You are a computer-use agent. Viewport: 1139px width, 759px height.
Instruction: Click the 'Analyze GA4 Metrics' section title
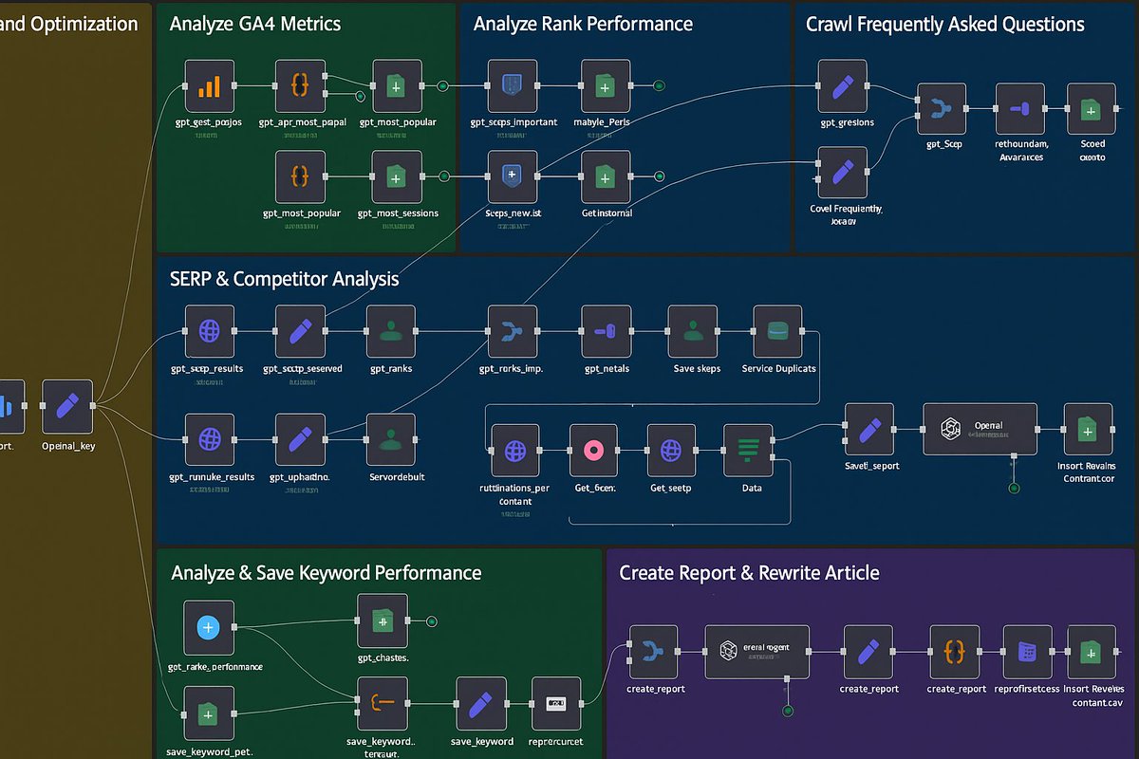coord(254,24)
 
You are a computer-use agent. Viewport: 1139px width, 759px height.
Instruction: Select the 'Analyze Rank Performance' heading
coord(583,24)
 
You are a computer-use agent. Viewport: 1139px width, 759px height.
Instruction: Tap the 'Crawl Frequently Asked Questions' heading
coord(944,24)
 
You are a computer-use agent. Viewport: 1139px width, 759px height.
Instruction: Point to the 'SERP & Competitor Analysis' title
coord(284,279)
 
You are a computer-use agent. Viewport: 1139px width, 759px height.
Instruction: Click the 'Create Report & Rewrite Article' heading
coord(749,573)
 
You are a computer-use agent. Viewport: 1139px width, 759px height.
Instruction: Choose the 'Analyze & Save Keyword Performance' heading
coord(326,573)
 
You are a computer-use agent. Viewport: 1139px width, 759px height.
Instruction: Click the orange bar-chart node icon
coord(209,85)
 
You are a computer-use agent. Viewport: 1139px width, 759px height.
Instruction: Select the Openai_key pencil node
coord(67,405)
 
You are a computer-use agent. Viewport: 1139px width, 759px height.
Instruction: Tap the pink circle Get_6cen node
coord(594,449)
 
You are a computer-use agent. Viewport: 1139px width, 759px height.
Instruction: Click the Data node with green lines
coord(748,449)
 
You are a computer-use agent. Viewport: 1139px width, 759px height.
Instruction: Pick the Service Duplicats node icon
coord(777,330)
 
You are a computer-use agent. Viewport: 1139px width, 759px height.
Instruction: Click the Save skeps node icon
coord(692,330)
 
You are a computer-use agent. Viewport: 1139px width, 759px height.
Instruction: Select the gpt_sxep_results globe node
coord(209,330)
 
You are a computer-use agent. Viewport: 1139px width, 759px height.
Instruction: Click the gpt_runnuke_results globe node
coord(209,438)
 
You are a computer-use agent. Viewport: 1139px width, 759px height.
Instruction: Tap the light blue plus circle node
coord(208,627)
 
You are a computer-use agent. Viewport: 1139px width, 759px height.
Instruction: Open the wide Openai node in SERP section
coord(980,429)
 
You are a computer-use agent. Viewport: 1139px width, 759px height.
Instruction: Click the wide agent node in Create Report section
coord(756,651)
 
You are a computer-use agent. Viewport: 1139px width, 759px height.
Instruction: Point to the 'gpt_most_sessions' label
coord(398,213)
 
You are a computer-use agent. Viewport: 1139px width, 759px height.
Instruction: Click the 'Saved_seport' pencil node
coord(869,429)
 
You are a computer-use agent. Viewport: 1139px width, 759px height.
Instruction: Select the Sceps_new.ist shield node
coord(513,176)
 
